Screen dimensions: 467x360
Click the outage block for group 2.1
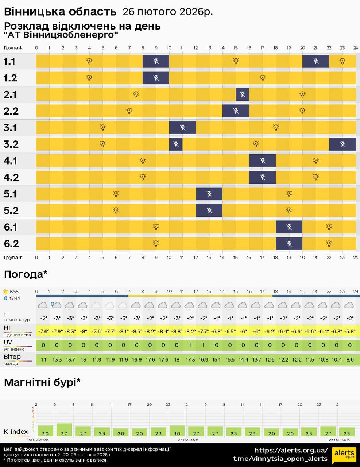point(243,94)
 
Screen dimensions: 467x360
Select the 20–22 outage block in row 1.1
point(316,61)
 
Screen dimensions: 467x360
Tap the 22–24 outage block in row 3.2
point(342,144)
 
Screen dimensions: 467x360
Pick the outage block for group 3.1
point(182,128)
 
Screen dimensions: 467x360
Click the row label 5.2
point(11,211)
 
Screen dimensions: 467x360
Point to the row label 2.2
point(11,111)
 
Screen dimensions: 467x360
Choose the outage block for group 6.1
point(289,227)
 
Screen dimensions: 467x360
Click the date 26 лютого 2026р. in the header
point(167,12)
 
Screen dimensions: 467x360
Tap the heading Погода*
point(26,274)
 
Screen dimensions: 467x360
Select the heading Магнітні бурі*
point(42,382)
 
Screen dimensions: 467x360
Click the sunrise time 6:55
point(14,292)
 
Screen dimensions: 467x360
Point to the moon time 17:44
point(15,298)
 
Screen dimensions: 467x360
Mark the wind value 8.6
point(350,359)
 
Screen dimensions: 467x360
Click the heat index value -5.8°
point(350,331)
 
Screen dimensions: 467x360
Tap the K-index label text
point(16,432)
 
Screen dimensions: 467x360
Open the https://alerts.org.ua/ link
point(291,450)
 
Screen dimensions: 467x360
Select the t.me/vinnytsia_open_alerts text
point(280,459)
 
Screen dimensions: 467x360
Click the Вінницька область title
point(60,12)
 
